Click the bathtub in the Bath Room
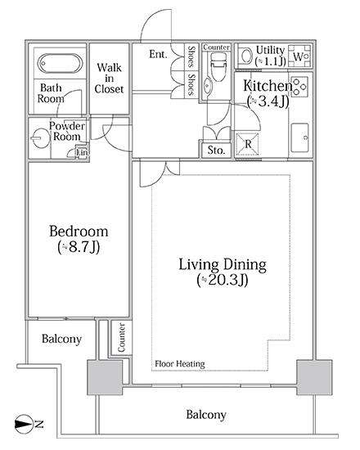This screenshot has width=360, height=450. point(61,64)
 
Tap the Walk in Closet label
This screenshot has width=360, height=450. point(109,79)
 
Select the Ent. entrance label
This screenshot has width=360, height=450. point(158,54)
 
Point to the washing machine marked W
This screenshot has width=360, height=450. point(299,56)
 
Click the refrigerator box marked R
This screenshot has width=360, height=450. point(247,144)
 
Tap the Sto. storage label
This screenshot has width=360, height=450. point(216,150)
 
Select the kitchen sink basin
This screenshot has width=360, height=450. point(299,137)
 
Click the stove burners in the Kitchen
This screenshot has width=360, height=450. point(299,86)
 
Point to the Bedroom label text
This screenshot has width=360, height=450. point(79,232)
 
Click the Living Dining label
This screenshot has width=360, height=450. point(223,265)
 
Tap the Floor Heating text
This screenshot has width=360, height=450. point(180,363)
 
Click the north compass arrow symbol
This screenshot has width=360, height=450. point(24,424)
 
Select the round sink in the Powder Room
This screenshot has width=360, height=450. point(40,138)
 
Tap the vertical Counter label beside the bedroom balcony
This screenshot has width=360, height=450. point(121,337)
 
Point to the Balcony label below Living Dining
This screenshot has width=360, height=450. point(206,415)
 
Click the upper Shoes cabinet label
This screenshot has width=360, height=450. point(191,56)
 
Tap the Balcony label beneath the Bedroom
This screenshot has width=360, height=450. point(61,339)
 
